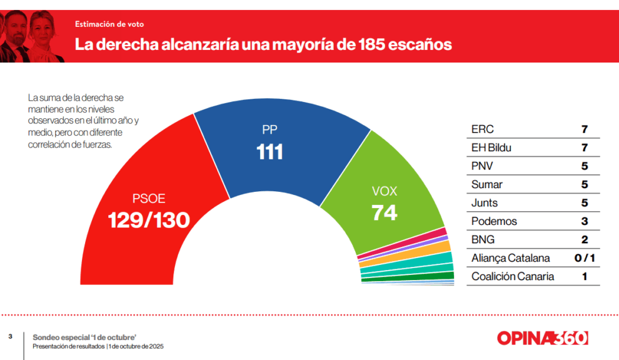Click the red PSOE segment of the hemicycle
point(144,187)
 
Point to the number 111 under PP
point(270,152)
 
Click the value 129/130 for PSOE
point(149,219)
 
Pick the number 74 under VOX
point(385,212)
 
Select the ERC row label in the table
point(482,129)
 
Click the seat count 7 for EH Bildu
point(585,148)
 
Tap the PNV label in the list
point(483,166)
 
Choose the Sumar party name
point(487,184)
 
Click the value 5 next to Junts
point(585,203)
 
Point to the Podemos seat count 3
point(585,221)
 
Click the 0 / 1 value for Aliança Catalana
point(585,258)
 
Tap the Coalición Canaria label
point(513,276)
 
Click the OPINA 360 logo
point(542,338)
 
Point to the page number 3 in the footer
point(10,337)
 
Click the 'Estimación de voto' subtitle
point(109,24)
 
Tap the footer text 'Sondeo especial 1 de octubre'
point(84,337)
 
